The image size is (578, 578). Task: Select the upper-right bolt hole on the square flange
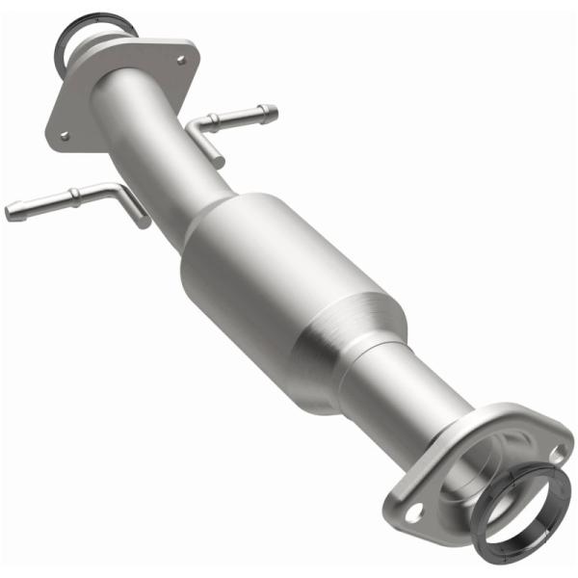[180, 60]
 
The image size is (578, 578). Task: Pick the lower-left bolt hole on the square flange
[65, 136]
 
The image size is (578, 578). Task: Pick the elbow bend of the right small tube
[197, 129]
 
